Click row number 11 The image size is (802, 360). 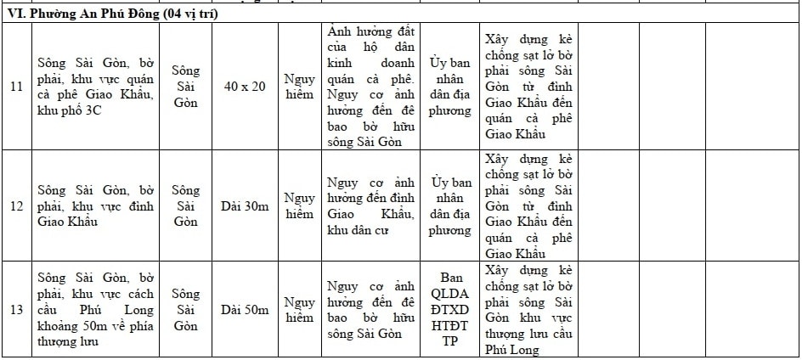16,87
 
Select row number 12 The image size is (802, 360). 16,206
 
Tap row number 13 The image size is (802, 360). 16,310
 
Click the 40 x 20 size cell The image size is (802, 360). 245,87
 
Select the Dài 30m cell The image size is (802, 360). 245,206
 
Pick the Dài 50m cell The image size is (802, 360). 245,310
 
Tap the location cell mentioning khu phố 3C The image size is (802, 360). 95,87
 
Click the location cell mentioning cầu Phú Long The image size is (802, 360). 95,310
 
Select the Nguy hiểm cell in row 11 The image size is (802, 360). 299,87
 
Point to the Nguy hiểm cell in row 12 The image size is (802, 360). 299,206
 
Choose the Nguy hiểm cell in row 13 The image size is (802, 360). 299,310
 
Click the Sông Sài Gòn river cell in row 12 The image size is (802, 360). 185,206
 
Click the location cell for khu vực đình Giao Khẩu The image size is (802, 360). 95,206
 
